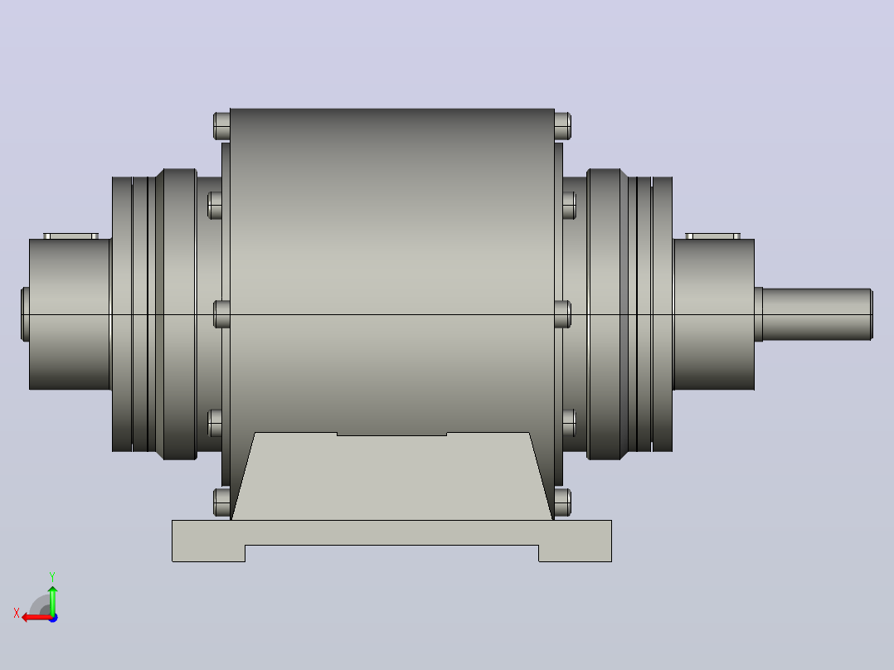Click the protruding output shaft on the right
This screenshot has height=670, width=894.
tap(816, 314)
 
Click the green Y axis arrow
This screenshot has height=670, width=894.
tap(52, 600)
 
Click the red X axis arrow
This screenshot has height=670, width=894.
tap(36, 617)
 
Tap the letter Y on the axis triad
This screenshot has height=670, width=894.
tap(52, 577)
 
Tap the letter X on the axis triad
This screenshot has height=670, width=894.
tap(17, 614)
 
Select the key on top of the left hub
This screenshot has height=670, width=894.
tap(70, 236)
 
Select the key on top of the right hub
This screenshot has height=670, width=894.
tap(712, 236)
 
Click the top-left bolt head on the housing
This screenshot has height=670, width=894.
tap(221, 126)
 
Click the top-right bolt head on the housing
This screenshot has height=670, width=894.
tap(563, 126)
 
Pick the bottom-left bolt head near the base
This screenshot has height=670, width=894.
tap(221, 502)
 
